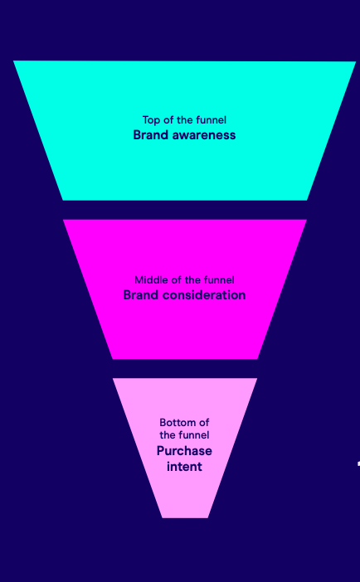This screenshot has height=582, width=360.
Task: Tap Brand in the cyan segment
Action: coord(151,135)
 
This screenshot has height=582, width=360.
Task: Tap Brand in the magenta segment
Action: coord(141,295)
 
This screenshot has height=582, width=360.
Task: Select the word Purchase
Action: coord(184,451)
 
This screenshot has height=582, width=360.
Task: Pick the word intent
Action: coord(184,467)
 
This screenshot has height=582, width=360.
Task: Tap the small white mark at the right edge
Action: coord(358,463)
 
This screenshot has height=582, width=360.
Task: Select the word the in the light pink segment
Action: coord(168,434)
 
